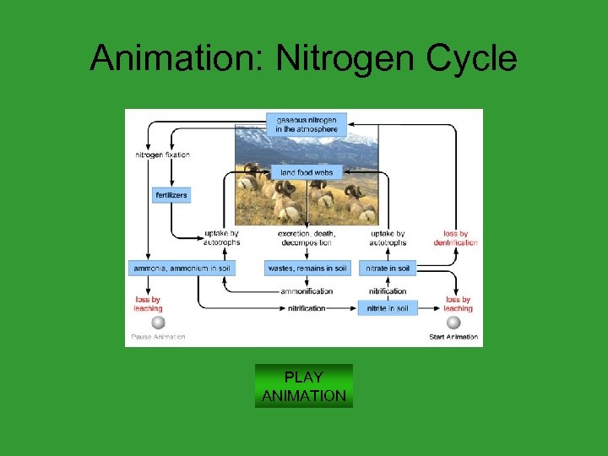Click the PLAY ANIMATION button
303,386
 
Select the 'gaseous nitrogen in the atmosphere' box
306,124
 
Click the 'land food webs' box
307,172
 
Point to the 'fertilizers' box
171,195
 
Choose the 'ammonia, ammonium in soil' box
182,269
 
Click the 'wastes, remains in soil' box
307,269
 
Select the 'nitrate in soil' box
388,269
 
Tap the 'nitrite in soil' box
388,309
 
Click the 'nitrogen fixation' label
162,155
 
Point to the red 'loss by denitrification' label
456,238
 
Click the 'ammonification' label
307,291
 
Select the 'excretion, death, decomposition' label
307,238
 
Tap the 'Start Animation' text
453,337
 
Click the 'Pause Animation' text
158,337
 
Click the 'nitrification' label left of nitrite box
307,309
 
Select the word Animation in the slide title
176,58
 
